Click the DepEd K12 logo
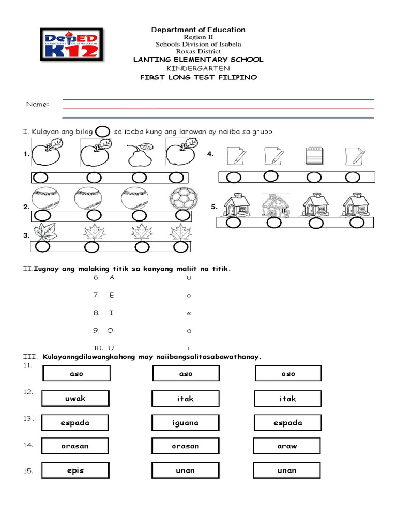71,46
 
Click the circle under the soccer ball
182,215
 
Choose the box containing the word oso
288,374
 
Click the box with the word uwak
75,399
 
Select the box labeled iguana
185,423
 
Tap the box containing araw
287,446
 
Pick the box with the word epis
75,470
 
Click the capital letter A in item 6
112,277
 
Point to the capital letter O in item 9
110,330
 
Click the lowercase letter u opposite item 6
189,278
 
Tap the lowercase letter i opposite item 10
189,348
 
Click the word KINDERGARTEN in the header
198,68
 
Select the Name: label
38,105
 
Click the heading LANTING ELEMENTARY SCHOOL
198,60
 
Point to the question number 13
28,418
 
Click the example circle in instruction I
103,131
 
